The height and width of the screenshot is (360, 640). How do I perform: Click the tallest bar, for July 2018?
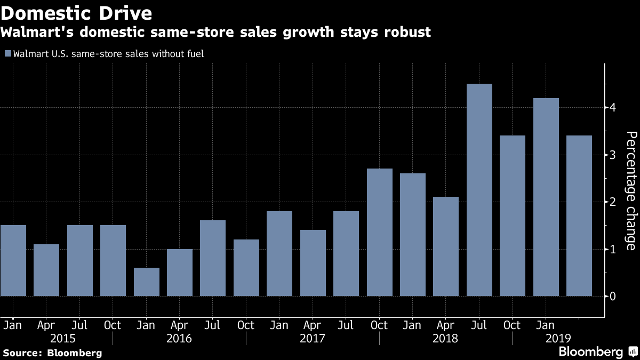click(x=479, y=190)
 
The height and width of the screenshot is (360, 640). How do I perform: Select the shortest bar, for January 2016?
click(x=146, y=282)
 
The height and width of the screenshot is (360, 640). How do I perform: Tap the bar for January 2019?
click(x=546, y=197)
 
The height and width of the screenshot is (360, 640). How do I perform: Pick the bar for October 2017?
click(x=379, y=233)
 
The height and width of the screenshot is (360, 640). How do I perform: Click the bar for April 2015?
click(x=46, y=270)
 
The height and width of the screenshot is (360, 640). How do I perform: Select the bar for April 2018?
click(x=446, y=246)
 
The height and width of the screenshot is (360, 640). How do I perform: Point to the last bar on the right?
click(x=579, y=216)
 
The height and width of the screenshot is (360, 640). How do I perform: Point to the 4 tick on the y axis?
click(x=613, y=108)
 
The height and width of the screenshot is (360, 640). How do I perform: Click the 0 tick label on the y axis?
click(x=613, y=296)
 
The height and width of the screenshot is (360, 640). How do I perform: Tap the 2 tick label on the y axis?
click(x=613, y=202)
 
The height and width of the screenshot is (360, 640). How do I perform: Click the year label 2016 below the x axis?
click(x=180, y=339)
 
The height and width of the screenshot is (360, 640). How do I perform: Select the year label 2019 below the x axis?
click(x=558, y=339)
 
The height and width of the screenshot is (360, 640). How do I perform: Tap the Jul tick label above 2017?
click(x=346, y=325)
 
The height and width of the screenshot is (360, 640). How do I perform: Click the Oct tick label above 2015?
click(x=113, y=325)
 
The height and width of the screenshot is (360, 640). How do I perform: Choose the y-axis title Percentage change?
click(x=630, y=190)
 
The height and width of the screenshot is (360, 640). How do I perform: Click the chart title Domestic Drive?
click(x=76, y=12)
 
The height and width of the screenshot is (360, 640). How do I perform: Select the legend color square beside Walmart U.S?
click(x=7, y=53)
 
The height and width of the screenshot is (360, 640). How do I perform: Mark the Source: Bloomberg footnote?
click(x=52, y=353)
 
